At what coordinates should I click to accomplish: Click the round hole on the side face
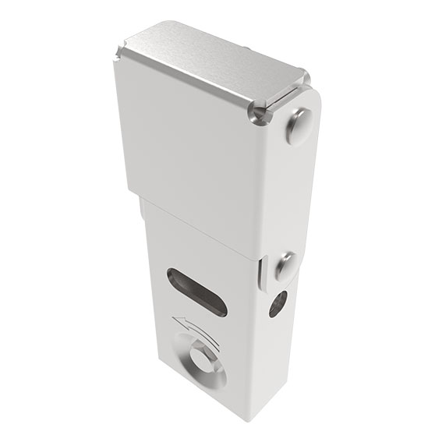pyautogui.click(x=278, y=302)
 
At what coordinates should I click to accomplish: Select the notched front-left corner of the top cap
pyautogui.click(x=117, y=55)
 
